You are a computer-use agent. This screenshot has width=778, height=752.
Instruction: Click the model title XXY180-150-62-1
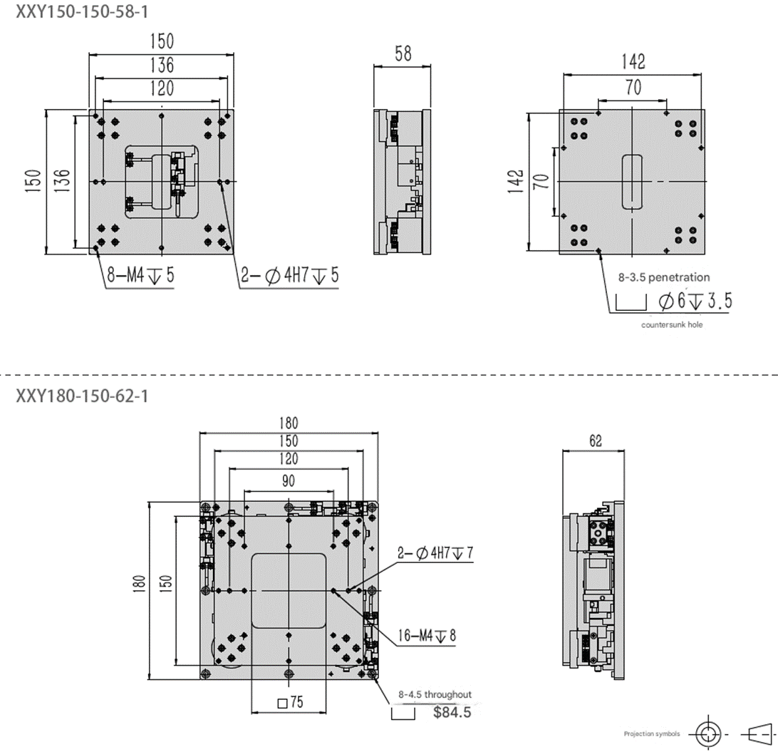(x=82, y=396)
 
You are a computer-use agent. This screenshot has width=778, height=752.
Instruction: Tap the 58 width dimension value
(x=403, y=53)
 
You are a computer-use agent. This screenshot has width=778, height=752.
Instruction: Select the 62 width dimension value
(x=595, y=441)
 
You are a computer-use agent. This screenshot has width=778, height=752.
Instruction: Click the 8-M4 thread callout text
(x=140, y=274)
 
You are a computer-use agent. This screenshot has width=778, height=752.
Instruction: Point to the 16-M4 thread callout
(x=427, y=635)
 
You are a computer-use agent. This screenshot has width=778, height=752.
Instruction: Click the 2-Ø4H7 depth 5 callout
(x=290, y=274)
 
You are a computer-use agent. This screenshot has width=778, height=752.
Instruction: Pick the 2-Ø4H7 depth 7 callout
(x=435, y=552)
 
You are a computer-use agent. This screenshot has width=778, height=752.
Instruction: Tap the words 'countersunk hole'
(x=672, y=325)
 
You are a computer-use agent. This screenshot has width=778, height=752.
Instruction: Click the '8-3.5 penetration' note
(x=664, y=277)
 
